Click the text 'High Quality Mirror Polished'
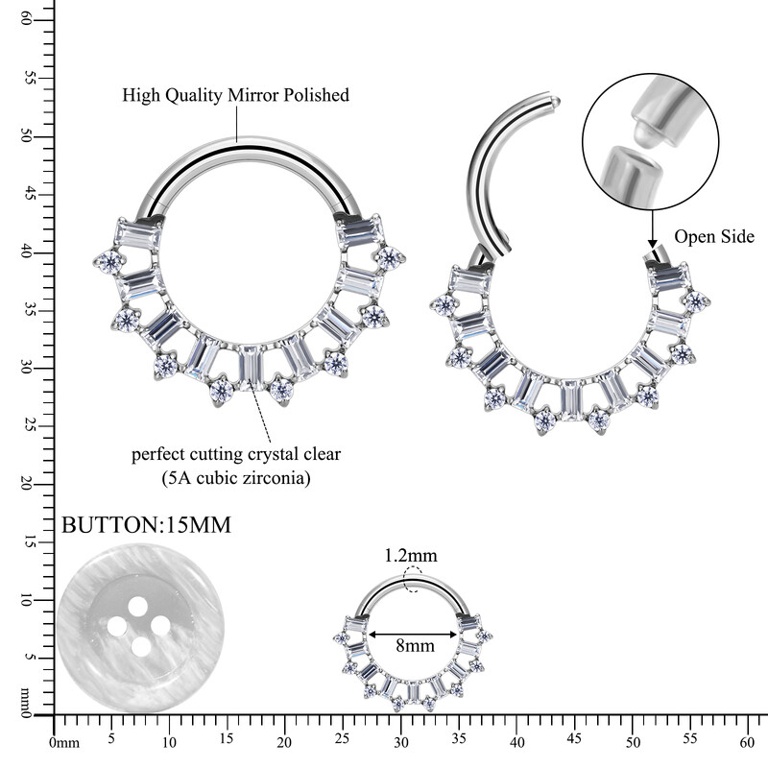235,95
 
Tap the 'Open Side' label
714,236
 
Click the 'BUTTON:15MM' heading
146,526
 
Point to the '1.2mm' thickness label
411,555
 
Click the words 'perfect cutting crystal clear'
236,453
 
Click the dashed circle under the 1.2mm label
413,580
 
